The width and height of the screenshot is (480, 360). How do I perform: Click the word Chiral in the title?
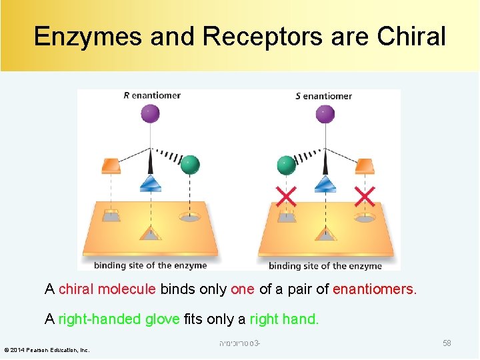tap(411, 37)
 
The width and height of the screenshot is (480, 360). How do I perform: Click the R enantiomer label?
tap(152, 95)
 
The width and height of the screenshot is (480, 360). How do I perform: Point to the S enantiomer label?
tap(323, 96)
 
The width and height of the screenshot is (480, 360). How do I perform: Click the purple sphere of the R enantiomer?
tap(151, 114)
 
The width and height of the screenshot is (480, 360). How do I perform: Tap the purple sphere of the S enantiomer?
tap(323, 114)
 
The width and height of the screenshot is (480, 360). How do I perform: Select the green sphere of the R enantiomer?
tap(190, 164)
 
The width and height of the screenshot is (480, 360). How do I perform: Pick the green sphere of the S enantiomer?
tap(285, 165)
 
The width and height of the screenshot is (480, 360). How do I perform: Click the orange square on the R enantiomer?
tap(111, 165)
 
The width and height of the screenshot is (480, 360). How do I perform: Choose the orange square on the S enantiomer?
tap(365, 165)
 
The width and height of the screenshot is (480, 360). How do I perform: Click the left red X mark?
tap(286, 197)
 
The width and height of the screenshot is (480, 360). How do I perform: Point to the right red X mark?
tap(364, 197)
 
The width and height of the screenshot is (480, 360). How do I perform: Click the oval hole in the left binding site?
tap(191, 216)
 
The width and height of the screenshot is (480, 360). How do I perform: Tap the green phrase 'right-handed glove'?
tap(119, 319)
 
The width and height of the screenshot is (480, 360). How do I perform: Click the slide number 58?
tap(447, 343)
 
